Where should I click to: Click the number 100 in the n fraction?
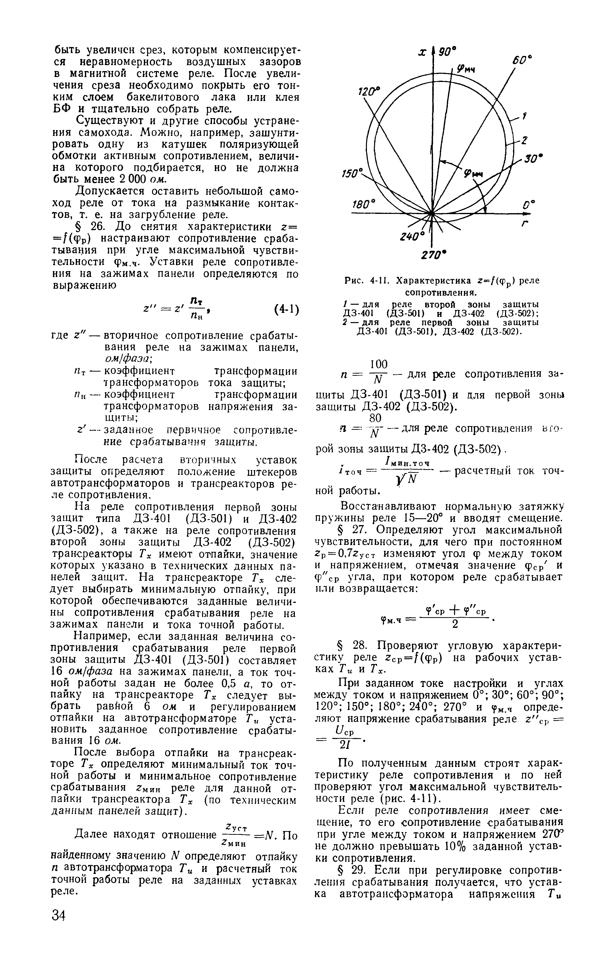point(379,364)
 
